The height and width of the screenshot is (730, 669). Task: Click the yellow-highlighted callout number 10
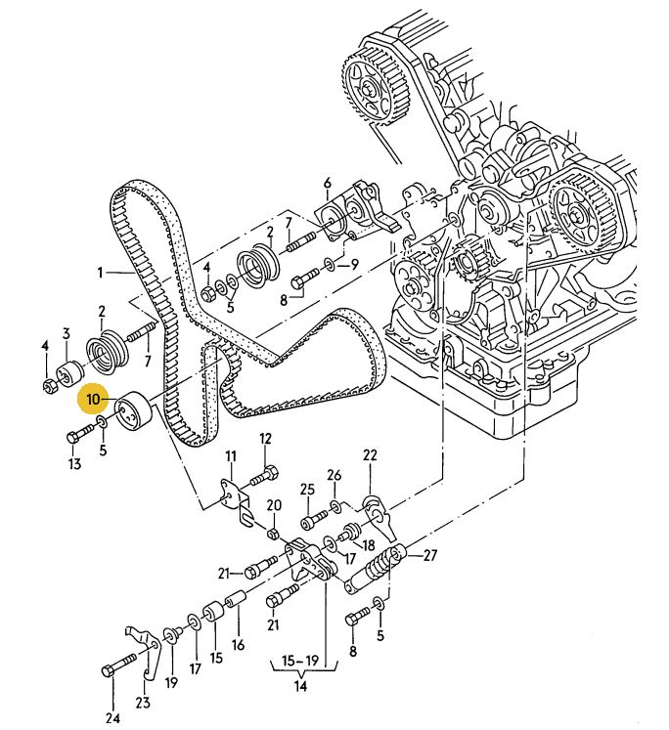[x=94, y=399]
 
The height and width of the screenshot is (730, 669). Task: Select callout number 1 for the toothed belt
[x=100, y=273]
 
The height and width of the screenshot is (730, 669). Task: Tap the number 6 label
[x=327, y=183]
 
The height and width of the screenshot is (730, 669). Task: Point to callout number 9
[x=354, y=266]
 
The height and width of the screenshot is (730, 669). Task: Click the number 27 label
[x=429, y=555]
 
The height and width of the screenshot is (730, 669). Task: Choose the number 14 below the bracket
[x=301, y=685]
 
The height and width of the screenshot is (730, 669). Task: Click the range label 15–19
[x=300, y=661]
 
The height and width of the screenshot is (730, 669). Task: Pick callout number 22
[x=370, y=455]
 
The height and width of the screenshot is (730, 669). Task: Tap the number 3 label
[x=67, y=333]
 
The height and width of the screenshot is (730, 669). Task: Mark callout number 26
[x=334, y=476]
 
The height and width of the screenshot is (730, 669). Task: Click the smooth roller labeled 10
[x=134, y=411]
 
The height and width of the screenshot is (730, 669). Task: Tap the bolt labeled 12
[x=264, y=475]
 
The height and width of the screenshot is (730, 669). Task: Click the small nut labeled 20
[x=274, y=534]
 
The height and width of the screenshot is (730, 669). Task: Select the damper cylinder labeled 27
[x=376, y=567]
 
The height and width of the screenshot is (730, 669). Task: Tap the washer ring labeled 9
[x=329, y=266]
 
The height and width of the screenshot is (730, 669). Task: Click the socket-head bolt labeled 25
[x=315, y=519]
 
